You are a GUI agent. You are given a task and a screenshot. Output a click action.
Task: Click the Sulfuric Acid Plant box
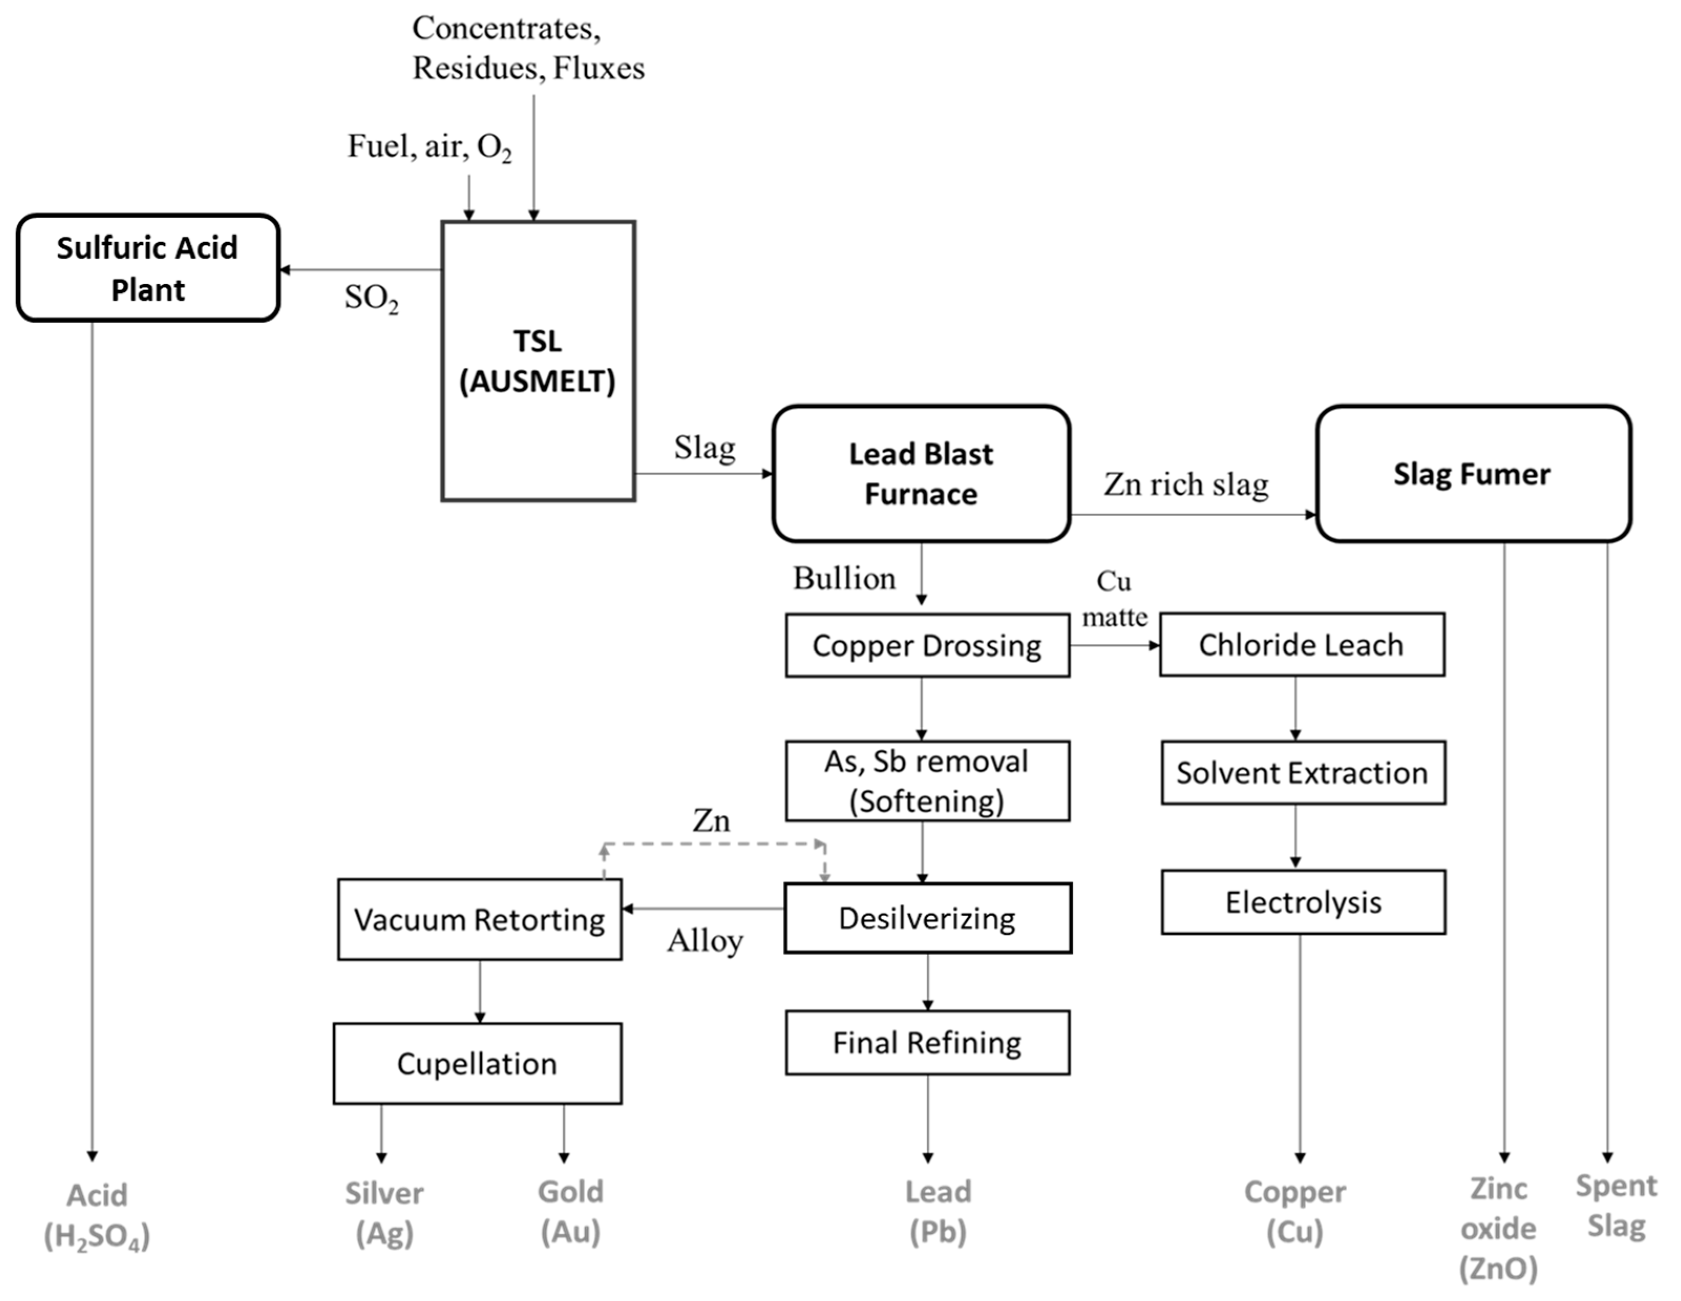148,268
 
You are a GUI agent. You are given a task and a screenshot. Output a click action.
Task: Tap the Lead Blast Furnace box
921,473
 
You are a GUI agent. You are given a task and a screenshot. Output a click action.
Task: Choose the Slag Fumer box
1473,473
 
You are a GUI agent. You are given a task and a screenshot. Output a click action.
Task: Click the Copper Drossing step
927,645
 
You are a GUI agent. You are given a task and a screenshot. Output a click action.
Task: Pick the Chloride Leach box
1302,644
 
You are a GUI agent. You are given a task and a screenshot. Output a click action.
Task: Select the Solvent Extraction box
1303,773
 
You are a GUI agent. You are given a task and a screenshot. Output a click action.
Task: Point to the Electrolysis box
1303,902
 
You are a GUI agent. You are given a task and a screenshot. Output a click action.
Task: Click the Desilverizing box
927,918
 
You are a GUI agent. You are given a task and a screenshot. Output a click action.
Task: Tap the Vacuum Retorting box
480,919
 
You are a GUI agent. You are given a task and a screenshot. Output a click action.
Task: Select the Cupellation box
477,1063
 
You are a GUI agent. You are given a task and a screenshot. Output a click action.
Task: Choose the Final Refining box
927,1042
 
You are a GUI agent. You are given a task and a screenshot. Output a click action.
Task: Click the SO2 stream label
372,299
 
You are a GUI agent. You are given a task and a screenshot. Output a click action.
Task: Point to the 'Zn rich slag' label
1186,484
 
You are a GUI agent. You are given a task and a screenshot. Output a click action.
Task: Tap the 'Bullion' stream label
844,578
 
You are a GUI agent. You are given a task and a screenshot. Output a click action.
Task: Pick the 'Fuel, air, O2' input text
429,147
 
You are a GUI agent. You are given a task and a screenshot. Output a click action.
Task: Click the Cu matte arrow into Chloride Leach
1115,645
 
